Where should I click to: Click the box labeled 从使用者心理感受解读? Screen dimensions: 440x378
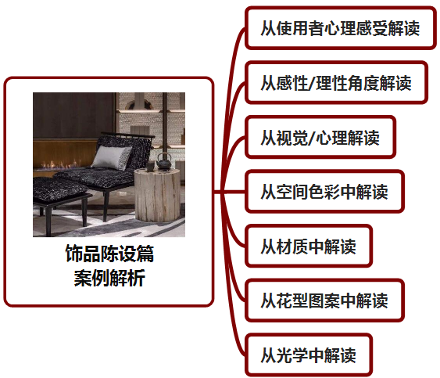tap(341, 28)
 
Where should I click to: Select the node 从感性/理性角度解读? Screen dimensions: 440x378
tap(337, 83)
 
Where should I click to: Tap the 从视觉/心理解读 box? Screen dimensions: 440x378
tap(320, 137)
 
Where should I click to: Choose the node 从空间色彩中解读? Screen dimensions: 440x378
tap(324, 192)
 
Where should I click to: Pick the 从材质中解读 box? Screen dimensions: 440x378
tap(309, 247)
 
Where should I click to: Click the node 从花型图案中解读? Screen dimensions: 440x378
tap(324, 301)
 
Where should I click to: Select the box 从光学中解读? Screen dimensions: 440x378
tap(309, 355)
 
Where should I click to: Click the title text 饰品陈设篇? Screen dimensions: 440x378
tap(109, 254)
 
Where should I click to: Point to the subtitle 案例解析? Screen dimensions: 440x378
tap(109, 278)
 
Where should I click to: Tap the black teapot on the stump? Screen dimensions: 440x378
tap(163, 161)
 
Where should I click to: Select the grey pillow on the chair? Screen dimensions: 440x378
tap(112, 157)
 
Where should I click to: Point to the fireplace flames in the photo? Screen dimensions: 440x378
tap(59, 164)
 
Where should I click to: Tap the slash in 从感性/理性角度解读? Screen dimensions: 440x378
tap(311, 83)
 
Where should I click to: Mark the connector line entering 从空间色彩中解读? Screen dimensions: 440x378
tap(230, 192)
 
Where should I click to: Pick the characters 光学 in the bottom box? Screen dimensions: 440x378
tap(292, 355)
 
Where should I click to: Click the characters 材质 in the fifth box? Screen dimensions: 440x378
tap(292, 247)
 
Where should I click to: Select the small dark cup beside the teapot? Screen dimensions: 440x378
tap(150, 166)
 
